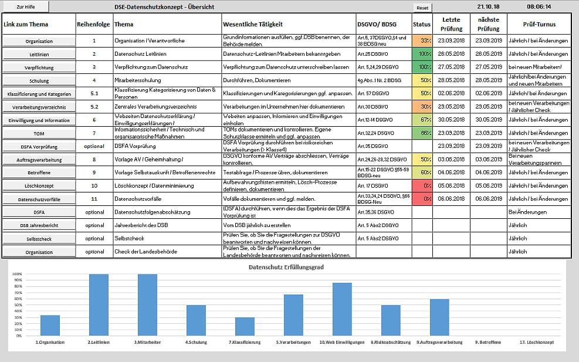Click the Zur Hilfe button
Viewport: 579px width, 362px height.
[25, 6]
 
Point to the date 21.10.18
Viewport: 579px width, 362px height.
[487, 6]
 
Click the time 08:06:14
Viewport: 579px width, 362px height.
[539, 6]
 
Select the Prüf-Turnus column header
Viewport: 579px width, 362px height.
[539, 24]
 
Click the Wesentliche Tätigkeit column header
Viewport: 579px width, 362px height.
[253, 25]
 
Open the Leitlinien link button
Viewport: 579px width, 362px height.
[39, 55]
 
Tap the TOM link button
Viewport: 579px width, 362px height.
[39, 134]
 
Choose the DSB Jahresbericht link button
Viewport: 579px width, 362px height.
[39, 226]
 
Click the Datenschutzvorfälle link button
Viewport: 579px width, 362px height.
[39, 199]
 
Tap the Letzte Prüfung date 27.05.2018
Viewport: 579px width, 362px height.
[451, 67]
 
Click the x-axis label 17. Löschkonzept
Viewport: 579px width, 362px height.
[537, 342]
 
